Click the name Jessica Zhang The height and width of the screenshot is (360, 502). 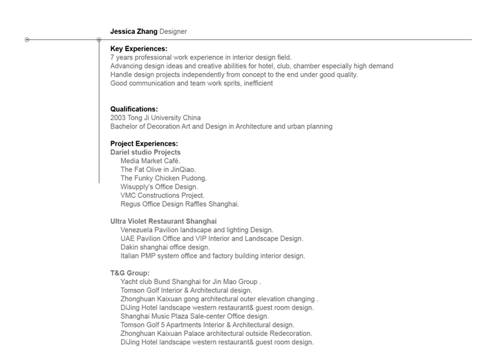click(x=133, y=31)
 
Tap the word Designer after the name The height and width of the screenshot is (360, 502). click(x=173, y=31)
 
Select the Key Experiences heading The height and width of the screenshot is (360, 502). click(x=138, y=49)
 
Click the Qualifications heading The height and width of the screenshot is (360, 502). click(x=134, y=109)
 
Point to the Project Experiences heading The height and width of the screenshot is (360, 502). click(x=144, y=144)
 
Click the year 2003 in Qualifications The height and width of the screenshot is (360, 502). click(x=118, y=118)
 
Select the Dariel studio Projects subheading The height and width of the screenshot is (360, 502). click(x=145, y=152)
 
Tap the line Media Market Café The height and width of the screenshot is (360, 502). click(x=150, y=161)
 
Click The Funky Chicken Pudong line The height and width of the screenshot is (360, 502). click(x=163, y=178)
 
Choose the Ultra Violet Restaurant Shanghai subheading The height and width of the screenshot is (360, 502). click(x=163, y=221)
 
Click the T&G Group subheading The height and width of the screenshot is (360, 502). click(x=130, y=273)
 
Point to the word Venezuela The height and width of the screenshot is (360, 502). click(x=138, y=230)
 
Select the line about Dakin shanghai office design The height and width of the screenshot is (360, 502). click(x=165, y=247)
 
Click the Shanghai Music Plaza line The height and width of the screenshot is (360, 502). click(x=194, y=316)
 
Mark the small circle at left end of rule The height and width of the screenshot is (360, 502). click(x=27, y=40)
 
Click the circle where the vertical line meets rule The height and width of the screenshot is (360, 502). click(x=99, y=40)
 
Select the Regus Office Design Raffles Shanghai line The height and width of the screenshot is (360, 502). click(x=180, y=205)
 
